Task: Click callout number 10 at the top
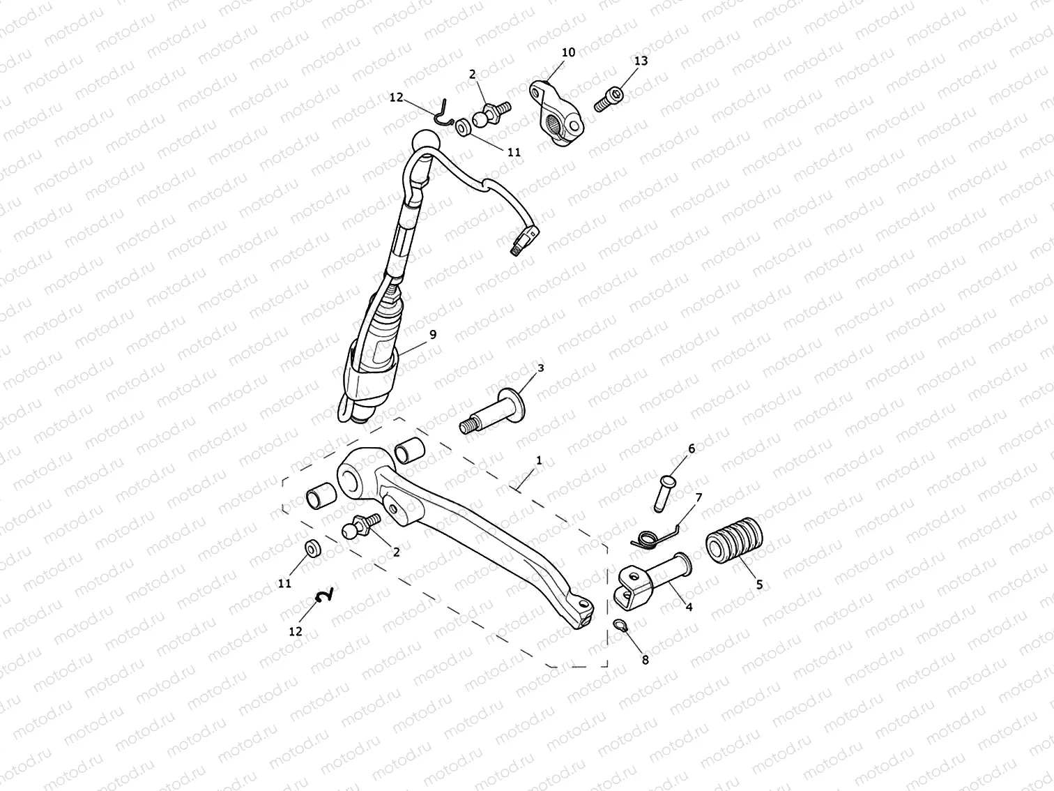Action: pos(568,52)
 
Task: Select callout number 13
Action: pos(641,61)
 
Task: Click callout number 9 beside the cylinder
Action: pos(433,335)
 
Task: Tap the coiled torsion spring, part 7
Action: pos(647,537)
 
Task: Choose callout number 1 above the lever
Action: pos(539,460)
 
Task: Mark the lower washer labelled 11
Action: pos(312,549)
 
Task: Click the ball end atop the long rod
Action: pos(425,140)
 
